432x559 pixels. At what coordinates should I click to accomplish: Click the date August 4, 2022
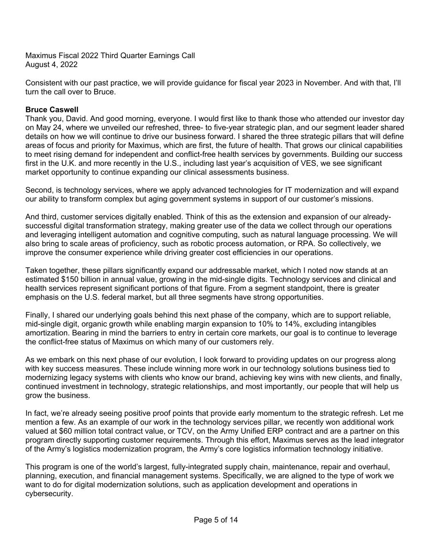point(51,65)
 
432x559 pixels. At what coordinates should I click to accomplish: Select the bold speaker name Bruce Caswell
point(52,110)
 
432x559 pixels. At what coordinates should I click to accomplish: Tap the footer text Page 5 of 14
point(216,520)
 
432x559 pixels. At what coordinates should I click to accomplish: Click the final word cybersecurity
point(49,494)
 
